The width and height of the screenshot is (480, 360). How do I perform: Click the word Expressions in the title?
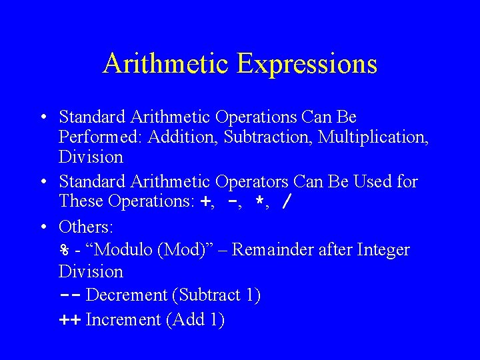point(306,64)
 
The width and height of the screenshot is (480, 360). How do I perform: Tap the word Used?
point(373,181)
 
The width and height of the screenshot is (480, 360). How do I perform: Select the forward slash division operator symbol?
point(286,202)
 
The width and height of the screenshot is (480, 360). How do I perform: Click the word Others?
point(85,227)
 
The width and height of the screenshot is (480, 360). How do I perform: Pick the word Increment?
point(124,320)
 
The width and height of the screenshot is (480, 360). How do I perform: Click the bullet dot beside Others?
point(42,227)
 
